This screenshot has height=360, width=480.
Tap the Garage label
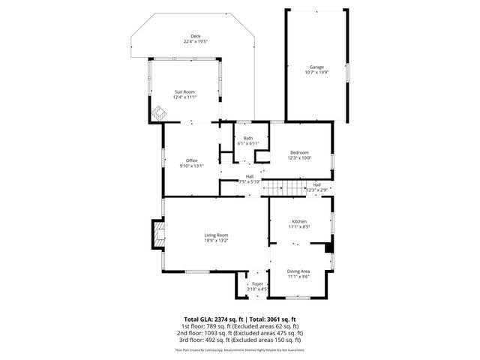point(316,67)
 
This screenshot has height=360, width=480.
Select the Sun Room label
point(185,91)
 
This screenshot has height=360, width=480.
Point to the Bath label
point(247,138)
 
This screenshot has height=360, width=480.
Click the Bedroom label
point(298,153)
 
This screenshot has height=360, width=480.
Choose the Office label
point(192,161)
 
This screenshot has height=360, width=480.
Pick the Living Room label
point(215,235)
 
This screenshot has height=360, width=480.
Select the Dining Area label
point(298,271)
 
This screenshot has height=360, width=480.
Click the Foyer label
point(257,283)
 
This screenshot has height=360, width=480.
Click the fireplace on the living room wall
point(158,234)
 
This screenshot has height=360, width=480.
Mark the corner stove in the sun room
point(158,113)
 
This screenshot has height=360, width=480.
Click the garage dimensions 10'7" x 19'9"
point(316,72)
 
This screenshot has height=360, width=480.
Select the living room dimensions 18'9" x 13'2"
point(215,241)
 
